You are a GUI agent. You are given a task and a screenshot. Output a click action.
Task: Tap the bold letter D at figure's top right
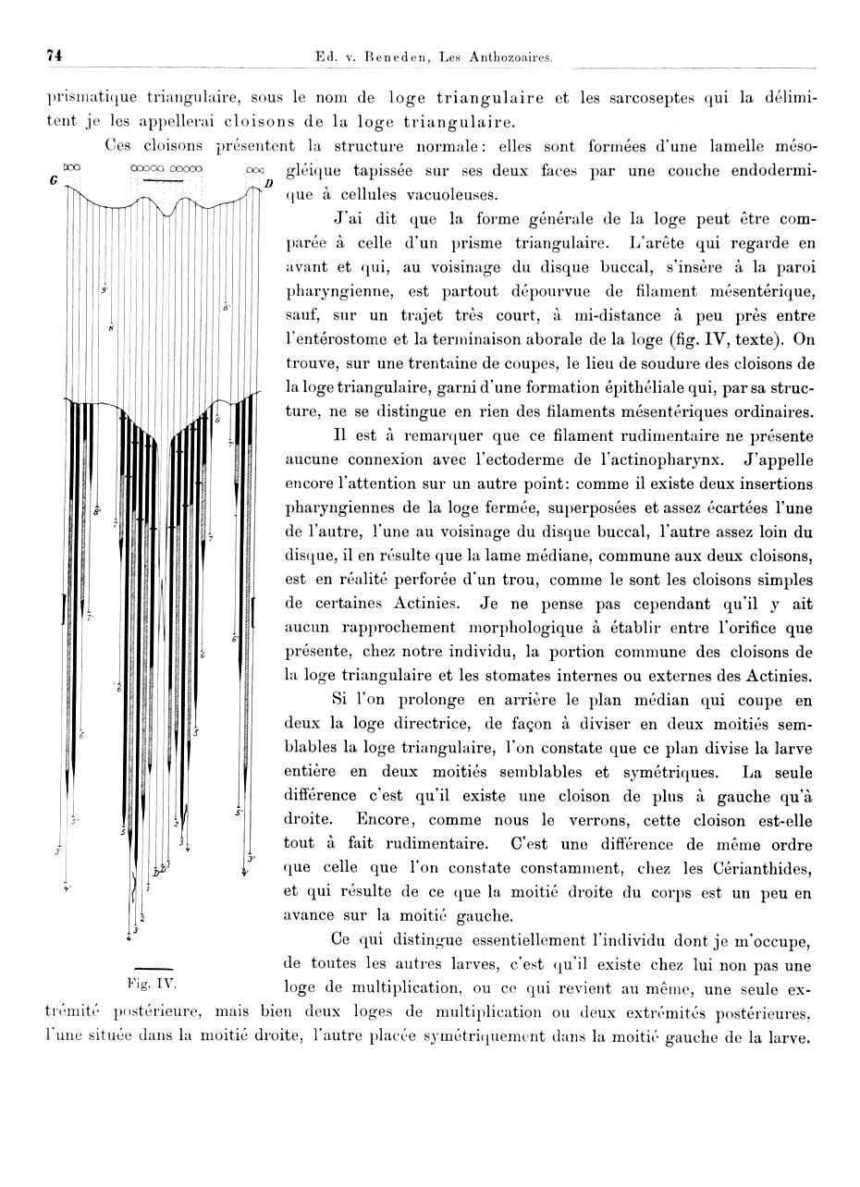coord(268,184)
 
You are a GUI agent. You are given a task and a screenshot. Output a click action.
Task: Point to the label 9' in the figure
coord(105,289)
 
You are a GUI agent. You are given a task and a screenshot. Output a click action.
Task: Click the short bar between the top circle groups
coord(164,182)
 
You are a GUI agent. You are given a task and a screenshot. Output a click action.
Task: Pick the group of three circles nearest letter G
coord(72,168)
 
